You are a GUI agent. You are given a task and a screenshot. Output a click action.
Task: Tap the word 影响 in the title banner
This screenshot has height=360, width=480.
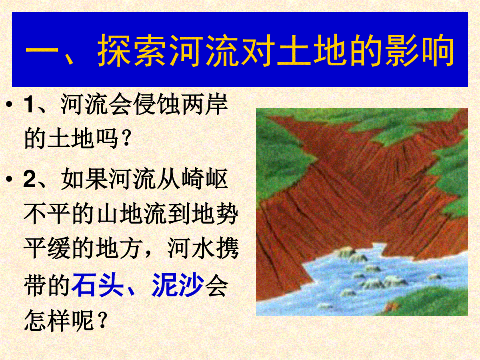(x=420, y=50)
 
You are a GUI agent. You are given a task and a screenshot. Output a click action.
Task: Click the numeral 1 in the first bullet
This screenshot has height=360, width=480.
(x=30, y=105)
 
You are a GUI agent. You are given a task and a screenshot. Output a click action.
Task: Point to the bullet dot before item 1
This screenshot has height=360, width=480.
(x=9, y=104)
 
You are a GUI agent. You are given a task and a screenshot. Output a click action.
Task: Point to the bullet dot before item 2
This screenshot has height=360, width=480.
(x=9, y=179)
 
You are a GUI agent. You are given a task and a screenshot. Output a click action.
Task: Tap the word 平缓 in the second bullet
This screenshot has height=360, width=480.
(x=47, y=249)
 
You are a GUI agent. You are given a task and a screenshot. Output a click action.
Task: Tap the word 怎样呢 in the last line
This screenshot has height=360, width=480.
(x=59, y=320)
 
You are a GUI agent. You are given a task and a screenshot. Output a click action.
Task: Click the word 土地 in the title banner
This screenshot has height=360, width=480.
(x=312, y=50)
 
